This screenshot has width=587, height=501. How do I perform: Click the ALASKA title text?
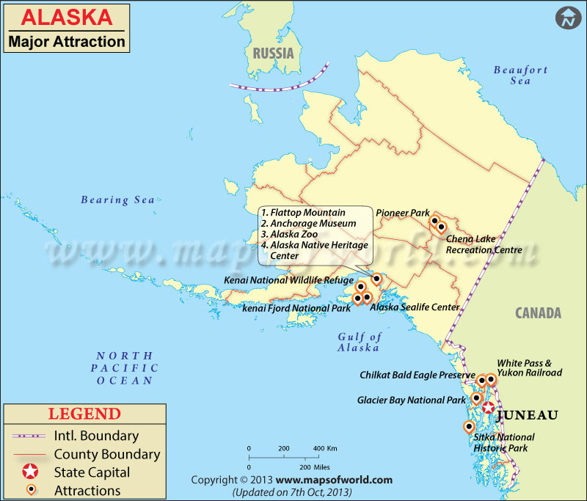pyautogui.click(x=61, y=16)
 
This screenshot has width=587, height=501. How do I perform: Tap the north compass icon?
pyautogui.click(x=566, y=18)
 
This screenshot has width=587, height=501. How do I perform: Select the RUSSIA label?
pyautogui.click(x=273, y=53)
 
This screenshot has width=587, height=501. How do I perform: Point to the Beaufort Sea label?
pyautogui.click(x=520, y=75)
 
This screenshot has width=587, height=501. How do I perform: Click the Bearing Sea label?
pyautogui.click(x=117, y=200)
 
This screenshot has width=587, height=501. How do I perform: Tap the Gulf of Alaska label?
pyautogui.click(x=359, y=342)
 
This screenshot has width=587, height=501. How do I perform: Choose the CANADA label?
pyautogui.click(x=538, y=313)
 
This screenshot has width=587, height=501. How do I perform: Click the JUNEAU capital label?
pyautogui.click(x=528, y=414)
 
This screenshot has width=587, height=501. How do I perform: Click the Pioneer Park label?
pyautogui.click(x=402, y=213)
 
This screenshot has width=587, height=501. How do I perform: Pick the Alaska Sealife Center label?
pyautogui.click(x=414, y=307)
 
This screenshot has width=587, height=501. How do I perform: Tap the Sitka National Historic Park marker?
pyautogui.click(x=469, y=427)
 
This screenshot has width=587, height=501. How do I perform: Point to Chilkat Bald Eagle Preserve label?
pyautogui.click(x=417, y=375)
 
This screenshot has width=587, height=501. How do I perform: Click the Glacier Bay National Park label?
pyautogui.click(x=411, y=401)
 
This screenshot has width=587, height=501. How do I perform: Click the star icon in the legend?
pyautogui.click(x=30, y=472)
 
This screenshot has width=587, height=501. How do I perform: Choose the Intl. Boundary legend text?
pyautogui.click(x=96, y=436)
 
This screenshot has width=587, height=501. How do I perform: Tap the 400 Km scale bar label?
pyautogui.click(x=325, y=448)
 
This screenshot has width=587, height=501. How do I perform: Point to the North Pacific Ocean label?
pyautogui.click(x=125, y=367)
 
